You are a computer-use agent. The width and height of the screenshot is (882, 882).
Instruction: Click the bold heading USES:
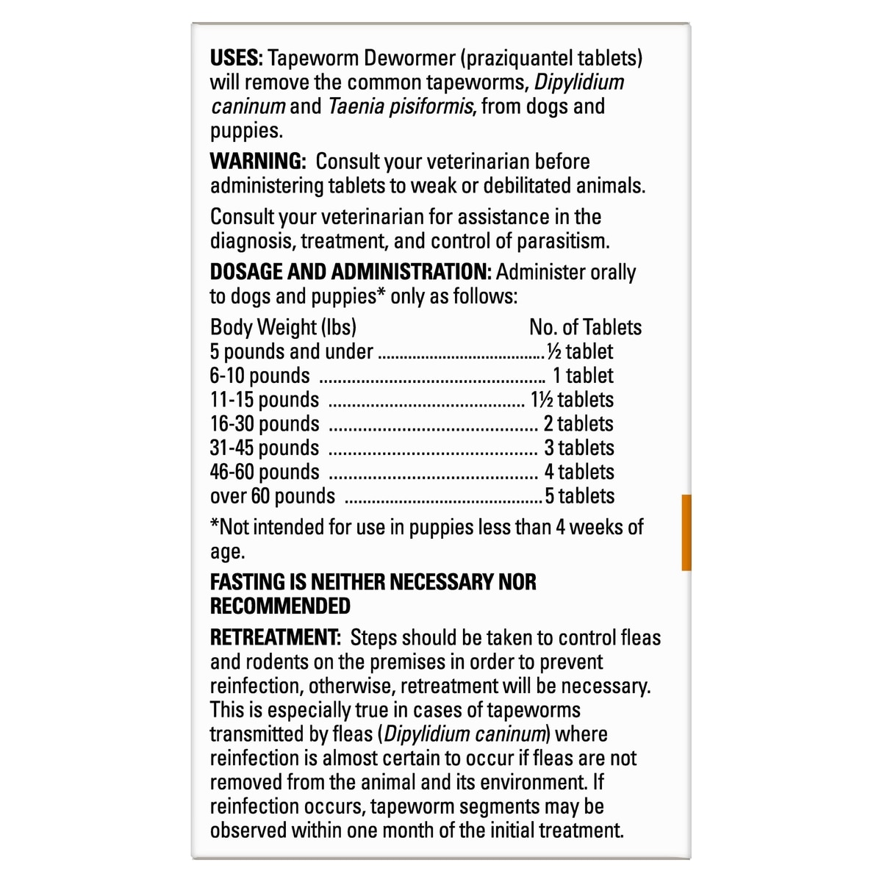coord(236,58)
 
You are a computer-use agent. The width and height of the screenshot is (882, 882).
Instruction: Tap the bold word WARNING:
coord(257,162)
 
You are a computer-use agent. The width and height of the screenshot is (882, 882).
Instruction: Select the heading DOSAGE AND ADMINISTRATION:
coord(351,272)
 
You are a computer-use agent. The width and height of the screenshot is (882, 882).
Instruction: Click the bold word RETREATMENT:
coord(276,637)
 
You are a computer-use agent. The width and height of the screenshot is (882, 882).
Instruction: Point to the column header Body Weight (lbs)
coord(283,327)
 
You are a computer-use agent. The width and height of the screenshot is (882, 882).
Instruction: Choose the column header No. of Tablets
coord(585,327)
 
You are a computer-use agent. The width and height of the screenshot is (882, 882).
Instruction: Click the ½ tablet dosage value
coord(580,351)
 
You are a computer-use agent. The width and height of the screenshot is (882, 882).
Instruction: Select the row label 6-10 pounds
coord(260,376)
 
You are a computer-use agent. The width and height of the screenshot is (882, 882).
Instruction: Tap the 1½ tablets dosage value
coord(572,400)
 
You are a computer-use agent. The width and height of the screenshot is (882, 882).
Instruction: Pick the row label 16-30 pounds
coord(265,424)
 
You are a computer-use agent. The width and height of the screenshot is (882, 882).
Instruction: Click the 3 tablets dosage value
coord(578,448)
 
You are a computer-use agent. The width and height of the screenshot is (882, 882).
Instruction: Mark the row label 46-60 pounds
coord(265,472)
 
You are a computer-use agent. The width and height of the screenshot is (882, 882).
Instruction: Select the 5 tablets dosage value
coord(579,496)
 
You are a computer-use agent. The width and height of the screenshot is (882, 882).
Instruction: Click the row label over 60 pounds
coord(273,496)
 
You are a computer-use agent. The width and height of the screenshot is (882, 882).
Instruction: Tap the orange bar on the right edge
coord(686,532)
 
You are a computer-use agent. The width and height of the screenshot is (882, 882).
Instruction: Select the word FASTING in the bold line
coord(248,582)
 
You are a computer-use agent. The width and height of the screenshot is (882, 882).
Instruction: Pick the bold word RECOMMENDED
coord(280,606)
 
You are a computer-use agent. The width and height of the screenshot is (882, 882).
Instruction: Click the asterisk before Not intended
coord(215,525)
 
